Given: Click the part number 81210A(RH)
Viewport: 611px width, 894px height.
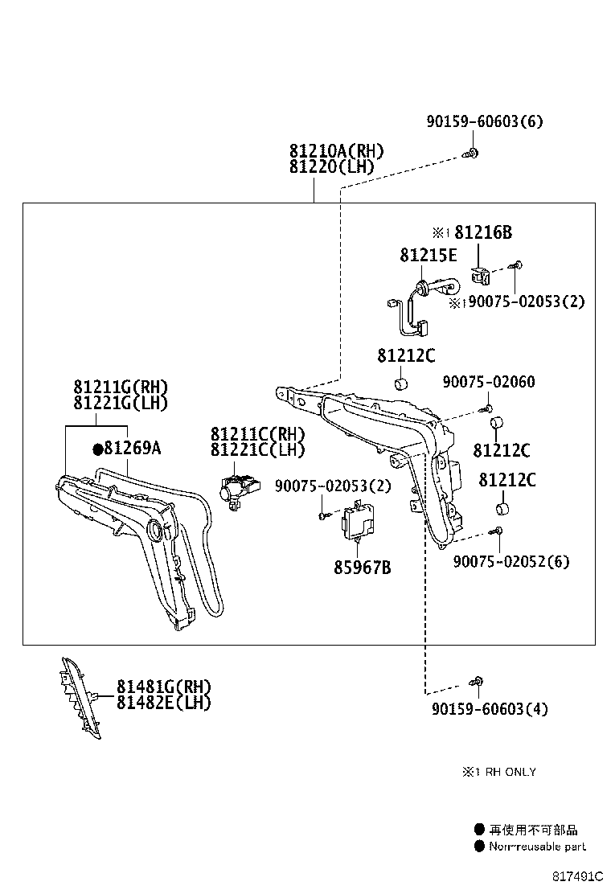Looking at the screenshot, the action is click(x=336, y=151).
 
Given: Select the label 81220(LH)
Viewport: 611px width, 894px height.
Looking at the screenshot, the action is click(x=332, y=167).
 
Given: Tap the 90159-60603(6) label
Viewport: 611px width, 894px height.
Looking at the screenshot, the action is click(x=485, y=121).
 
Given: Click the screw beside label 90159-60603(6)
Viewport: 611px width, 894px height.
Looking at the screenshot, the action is click(x=471, y=153).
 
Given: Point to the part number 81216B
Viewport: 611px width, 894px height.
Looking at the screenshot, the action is click(x=483, y=232).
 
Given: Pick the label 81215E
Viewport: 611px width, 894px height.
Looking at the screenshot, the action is click(x=429, y=255).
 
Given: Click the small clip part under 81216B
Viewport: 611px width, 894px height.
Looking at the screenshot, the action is click(x=481, y=277).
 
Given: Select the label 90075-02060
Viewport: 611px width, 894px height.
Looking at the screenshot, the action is click(x=489, y=381).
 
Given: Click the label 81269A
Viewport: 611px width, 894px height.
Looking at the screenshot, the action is click(x=133, y=448).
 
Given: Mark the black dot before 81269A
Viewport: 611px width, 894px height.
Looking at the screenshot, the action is click(x=97, y=449).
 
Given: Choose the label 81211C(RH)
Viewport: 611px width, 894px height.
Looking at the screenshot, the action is click(x=257, y=434).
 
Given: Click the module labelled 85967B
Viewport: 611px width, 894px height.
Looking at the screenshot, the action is click(x=358, y=522).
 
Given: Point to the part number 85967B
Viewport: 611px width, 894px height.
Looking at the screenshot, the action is click(x=363, y=568).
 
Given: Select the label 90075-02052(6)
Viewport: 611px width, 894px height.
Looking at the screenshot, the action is click(x=511, y=562).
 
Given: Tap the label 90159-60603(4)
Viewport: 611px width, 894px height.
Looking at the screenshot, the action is click(x=490, y=709).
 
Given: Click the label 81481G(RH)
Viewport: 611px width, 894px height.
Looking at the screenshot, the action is click(x=164, y=687).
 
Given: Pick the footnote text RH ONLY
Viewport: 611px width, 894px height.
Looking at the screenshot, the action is click(x=511, y=772).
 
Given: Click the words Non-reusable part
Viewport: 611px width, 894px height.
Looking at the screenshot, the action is click(x=537, y=847).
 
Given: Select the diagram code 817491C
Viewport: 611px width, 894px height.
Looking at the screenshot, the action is click(x=576, y=877).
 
